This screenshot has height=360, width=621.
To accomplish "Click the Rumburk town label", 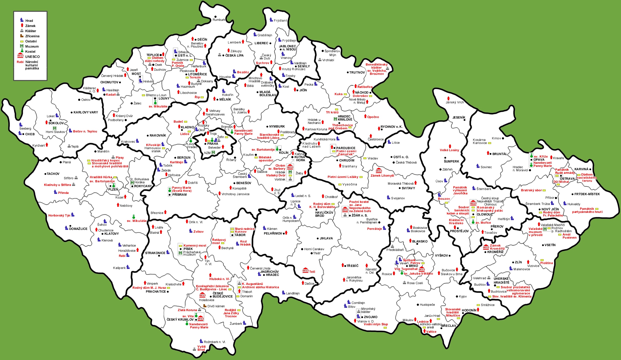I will (219, 20).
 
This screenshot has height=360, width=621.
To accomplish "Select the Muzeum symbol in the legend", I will (22, 46).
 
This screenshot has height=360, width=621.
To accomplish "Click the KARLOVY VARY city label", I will (86, 112).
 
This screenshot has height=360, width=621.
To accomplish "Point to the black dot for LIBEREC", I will (270, 43).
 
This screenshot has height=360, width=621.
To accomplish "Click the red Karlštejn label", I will (176, 162).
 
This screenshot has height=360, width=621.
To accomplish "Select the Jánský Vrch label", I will (455, 102).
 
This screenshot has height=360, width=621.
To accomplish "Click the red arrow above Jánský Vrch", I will (448, 98).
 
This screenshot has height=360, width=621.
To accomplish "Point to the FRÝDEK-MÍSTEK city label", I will (587, 194).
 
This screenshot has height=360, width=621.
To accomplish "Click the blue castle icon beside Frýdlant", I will (271, 20).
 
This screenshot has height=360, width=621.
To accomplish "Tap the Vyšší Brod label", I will (201, 348).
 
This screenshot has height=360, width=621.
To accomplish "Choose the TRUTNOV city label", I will (357, 73).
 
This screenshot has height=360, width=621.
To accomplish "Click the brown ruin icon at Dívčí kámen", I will (205, 306).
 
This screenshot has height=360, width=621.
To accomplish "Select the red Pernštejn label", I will (374, 229).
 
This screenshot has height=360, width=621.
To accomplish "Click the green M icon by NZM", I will (213, 152).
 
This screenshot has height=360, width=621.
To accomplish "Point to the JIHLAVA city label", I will (326, 238).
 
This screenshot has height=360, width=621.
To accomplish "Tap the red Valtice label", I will (431, 332).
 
